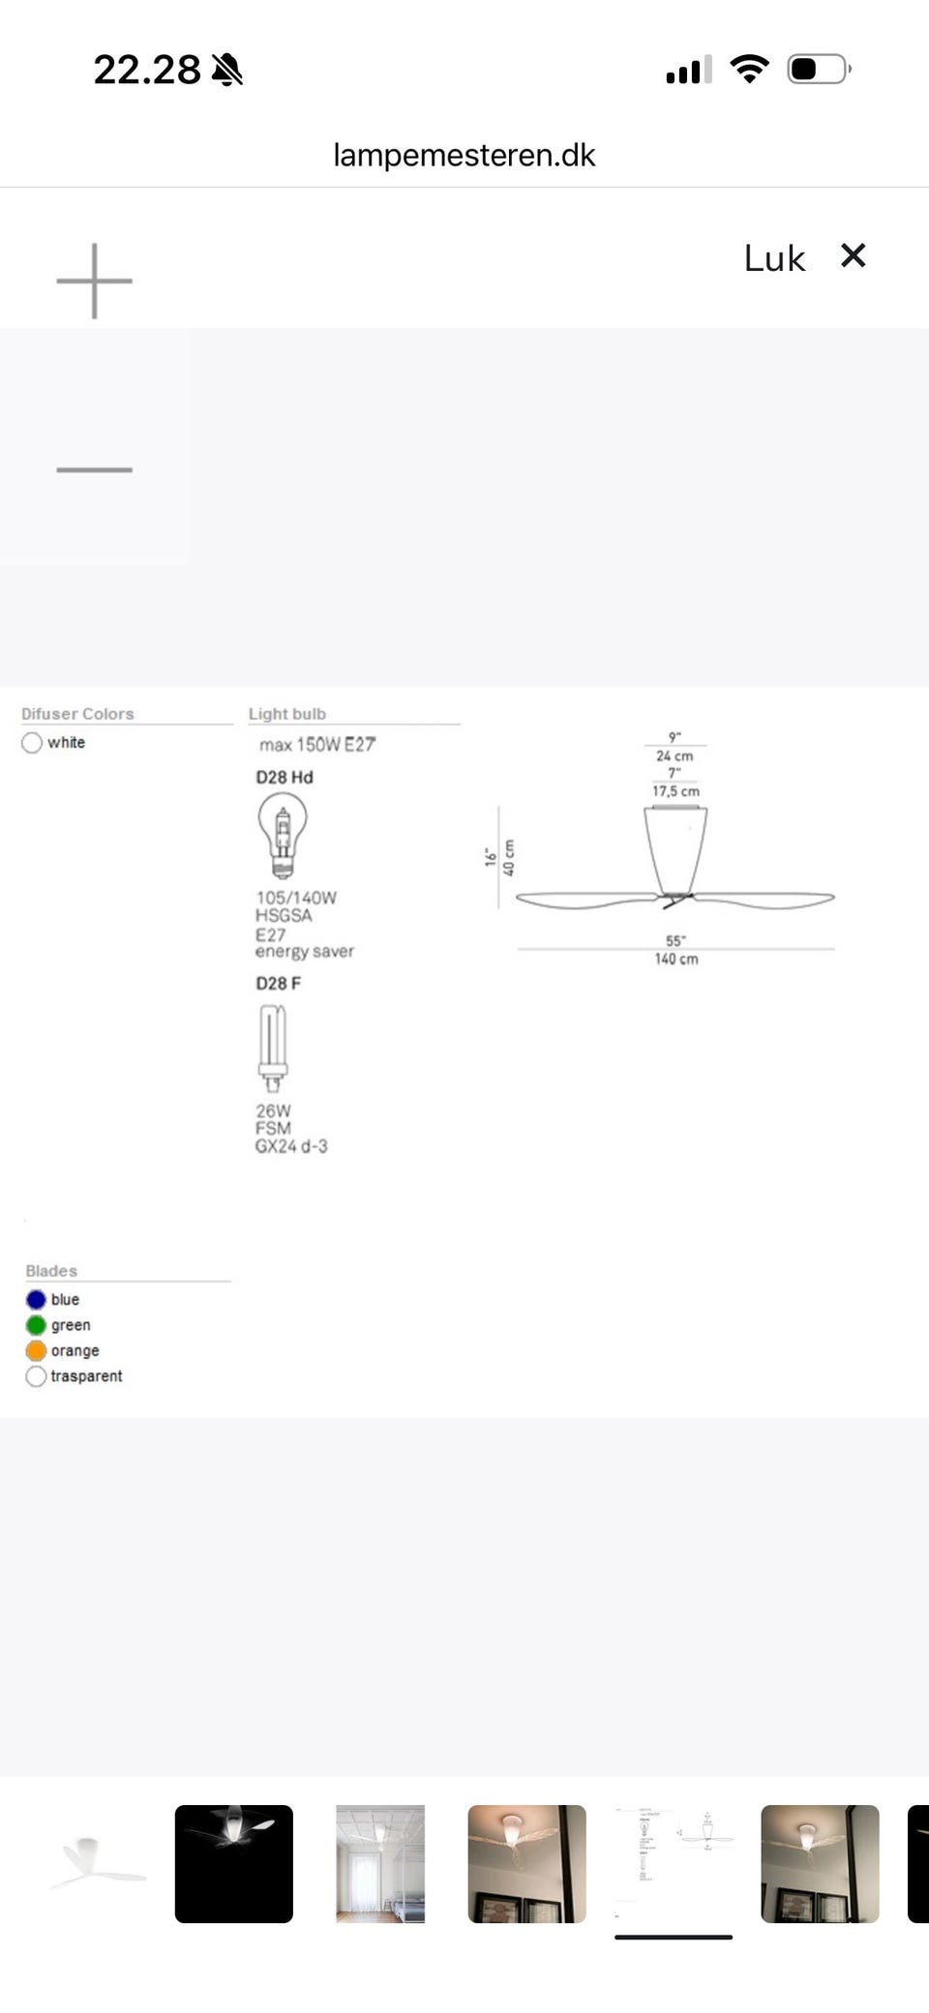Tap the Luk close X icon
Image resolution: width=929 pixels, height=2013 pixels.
coord(853,255)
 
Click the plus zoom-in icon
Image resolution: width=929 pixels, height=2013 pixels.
coord(94,281)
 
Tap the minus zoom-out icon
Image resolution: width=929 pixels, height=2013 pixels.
coord(94,469)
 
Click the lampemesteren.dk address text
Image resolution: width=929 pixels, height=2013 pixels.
coord(464,155)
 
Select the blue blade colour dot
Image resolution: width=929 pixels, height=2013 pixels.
coord(36,1299)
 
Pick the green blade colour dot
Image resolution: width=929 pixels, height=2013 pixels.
coord(36,1325)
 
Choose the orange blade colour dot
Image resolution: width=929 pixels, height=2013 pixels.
coord(36,1350)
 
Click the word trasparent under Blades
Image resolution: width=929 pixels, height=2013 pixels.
coord(86,1376)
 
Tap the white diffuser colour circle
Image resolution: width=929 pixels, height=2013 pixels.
coord(32,743)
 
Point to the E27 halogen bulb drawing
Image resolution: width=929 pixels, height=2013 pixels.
coord(282,834)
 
